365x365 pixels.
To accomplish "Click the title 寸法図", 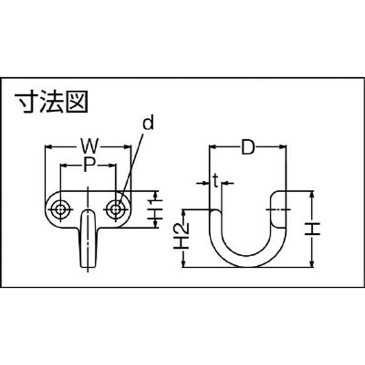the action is tap(51, 102).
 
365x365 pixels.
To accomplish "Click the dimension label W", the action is tap(89, 146).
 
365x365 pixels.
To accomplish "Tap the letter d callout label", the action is tap(148, 123).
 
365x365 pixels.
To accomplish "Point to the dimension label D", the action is tap(248, 147).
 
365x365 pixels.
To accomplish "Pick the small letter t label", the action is tap(216, 181).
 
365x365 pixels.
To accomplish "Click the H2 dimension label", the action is tap(182, 236).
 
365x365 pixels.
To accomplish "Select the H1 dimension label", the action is tap(155, 209).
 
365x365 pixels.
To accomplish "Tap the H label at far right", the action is tap(313, 229).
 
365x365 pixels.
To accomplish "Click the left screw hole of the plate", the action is tap(60, 209).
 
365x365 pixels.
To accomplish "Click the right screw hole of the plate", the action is tap(115, 209).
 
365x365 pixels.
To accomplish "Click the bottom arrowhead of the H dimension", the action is tap(313, 263).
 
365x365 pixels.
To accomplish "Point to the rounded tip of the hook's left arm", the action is tap(215, 211).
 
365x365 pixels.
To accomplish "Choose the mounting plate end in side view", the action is tap(279, 209).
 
